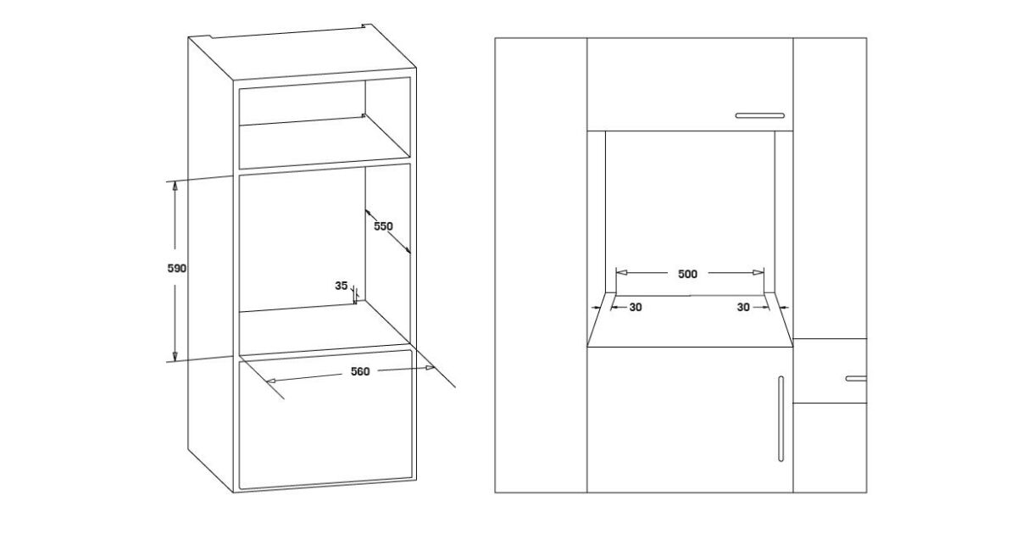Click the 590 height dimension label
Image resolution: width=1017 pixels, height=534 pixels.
click(x=176, y=269)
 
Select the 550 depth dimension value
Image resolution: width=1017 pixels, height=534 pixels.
click(x=383, y=226)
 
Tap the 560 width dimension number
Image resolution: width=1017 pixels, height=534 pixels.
click(x=360, y=371)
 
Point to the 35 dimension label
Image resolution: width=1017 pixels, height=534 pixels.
click(x=341, y=286)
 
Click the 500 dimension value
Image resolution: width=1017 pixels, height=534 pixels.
click(x=687, y=274)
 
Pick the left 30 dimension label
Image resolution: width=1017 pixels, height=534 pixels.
click(x=636, y=308)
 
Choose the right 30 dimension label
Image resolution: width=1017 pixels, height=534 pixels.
click(x=743, y=308)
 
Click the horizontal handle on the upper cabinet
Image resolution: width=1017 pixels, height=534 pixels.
click(x=760, y=116)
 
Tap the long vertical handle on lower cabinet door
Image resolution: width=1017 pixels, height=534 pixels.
click(x=781, y=419)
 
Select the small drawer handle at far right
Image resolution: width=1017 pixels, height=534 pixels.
click(x=856, y=378)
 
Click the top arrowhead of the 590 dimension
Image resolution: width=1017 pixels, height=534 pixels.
click(x=175, y=186)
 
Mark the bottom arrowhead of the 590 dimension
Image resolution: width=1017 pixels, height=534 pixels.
click(x=175, y=356)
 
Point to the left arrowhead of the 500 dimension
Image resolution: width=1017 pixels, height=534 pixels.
click(x=621, y=272)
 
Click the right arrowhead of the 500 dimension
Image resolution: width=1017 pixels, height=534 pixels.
click(x=759, y=272)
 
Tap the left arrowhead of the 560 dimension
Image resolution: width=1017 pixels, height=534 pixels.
click(x=271, y=380)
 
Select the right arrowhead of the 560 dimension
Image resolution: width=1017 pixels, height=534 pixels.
click(x=430, y=368)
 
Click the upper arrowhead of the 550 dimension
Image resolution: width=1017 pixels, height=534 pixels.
click(x=368, y=212)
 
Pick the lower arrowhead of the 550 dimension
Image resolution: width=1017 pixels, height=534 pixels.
click(x=407, y=250)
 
